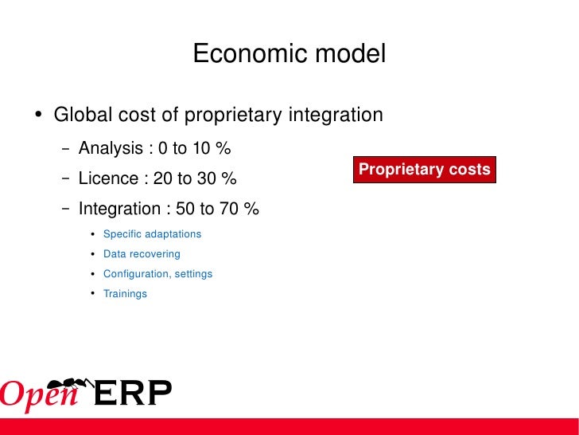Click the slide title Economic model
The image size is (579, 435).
tap(289, 54)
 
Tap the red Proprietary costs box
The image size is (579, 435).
tap(425, 170)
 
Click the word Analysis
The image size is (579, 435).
tap(111, 149)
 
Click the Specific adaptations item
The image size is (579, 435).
tap(152, 234)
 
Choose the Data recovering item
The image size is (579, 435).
tap(142, 254)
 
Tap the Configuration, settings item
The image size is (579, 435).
tap(157, 274)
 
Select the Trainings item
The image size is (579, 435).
tap(125, 294)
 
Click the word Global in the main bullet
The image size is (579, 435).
tap(77, 116)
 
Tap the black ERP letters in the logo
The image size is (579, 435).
tap(133, 394)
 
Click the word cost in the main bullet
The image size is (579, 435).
tap(130, 116)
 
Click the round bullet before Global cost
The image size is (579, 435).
tap(39, 116)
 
